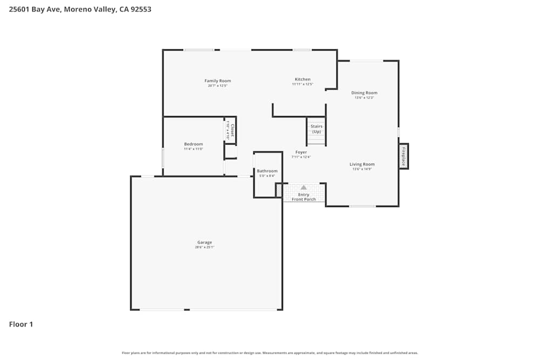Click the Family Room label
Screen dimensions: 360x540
pyautogui.click(x=218, y=81)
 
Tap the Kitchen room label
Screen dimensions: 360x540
pyautogui.click(x=302, y=79)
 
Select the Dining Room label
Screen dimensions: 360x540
pyautogui.click(x=364, y=93)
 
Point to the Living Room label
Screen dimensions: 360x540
pyautogui.click(x=362, y=164)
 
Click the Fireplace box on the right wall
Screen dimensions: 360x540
pyautogui.click(x=403, y=156)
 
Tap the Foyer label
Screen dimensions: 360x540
pyautogui.click(x=301, y=152)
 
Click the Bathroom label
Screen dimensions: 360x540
pyautogui.click(x=267, y=171)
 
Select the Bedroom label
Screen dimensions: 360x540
pyautogui.click(x=193, y=144)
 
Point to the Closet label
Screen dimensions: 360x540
pyautogui.click(x=233, y=128)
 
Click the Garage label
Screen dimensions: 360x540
pyautogui.click(x=205, y=242)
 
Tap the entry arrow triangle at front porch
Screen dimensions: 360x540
pyautogui.click(x=303, y=187)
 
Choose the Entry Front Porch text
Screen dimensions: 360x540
pyautogui.click(x=304, y=197)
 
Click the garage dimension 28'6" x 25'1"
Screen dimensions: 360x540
pyautogui.click(x=205, y=247)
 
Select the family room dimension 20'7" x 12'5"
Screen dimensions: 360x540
pyautogui.click(x=218, y=85)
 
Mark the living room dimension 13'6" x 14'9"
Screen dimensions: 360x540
pyautogui.click(x=362, y=169)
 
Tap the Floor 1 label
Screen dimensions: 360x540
pyautogui.click(x=21, y=324)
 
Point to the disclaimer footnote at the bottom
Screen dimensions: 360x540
pyautogui.click(x=270, y=353)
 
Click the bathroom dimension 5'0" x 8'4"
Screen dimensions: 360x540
pyautogui.click(x=267, y=176)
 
